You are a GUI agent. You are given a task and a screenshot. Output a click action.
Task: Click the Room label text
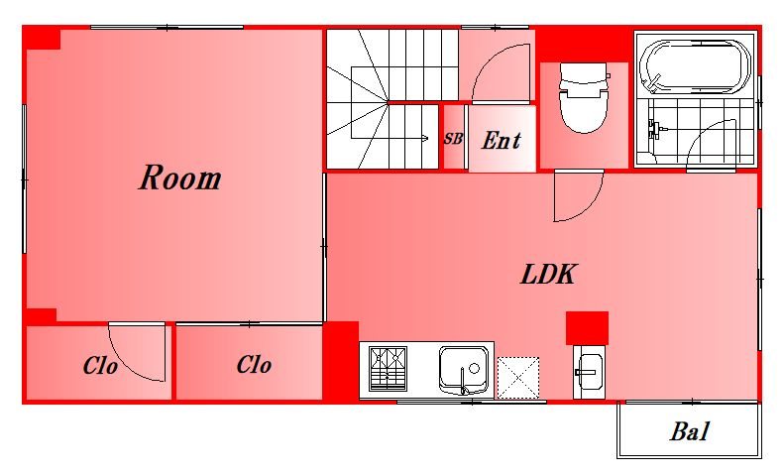tap(180, 178)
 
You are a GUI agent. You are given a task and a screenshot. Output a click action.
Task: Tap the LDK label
tap(549, 274)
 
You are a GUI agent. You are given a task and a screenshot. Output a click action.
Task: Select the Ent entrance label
tap(502, 140)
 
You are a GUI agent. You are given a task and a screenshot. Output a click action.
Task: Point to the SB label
tap(453, 138)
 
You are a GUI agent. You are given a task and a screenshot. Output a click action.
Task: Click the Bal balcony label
tap(689, 431)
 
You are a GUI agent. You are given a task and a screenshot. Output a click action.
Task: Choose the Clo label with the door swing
tap(100, 366)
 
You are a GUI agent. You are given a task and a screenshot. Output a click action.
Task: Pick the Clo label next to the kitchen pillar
tap(254, 365)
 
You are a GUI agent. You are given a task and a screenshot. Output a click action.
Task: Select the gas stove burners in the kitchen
tap(388, 369)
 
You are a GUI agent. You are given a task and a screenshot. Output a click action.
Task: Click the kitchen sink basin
tap(463, 370)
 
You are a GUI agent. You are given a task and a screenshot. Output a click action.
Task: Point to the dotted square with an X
tap(518, 377)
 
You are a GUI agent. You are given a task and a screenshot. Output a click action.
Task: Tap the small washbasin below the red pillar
tap(589, 372)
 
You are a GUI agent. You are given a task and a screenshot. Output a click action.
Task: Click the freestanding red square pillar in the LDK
tap(587, 328)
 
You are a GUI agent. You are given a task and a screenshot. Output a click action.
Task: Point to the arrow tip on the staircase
tap(427, 138)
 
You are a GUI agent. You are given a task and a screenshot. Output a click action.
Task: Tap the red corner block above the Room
tap(42, 39)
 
